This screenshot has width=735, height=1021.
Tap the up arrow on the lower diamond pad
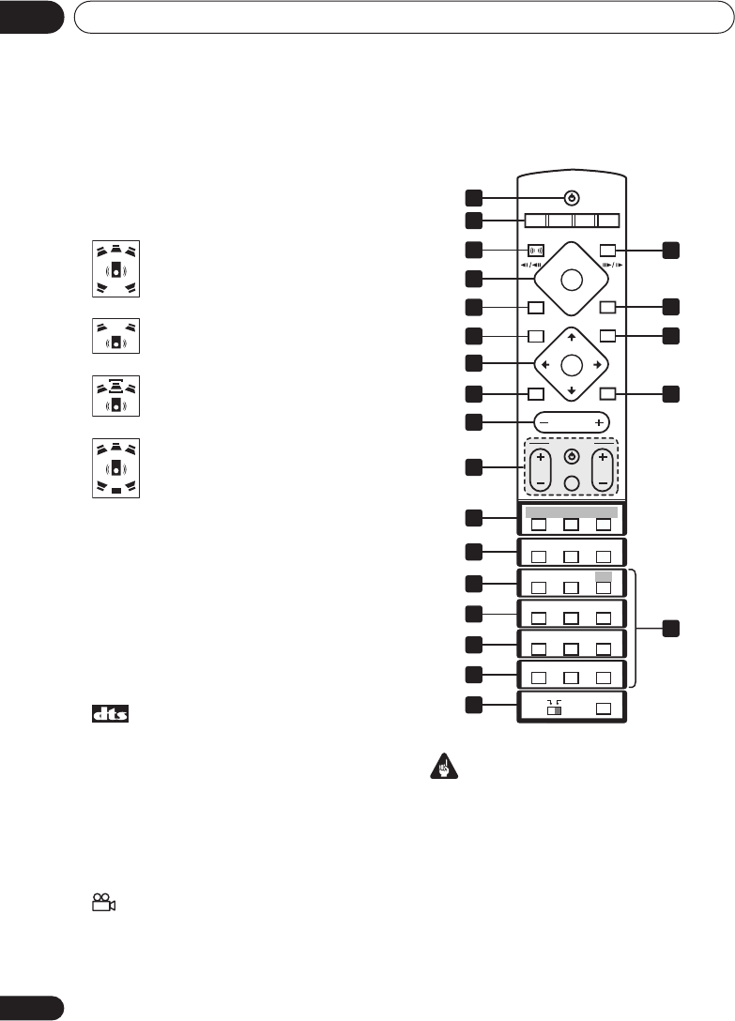point(572,338)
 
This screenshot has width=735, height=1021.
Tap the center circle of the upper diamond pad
point(572,279)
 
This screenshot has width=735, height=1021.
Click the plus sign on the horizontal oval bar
point(598,423)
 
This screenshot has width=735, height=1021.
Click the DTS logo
point(110,714)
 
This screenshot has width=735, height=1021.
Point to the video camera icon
point(103,903)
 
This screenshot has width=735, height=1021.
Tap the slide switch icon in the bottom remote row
point(554,709)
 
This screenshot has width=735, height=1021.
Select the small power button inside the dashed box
point(572,457)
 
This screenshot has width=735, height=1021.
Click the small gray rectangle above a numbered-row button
point(605,575)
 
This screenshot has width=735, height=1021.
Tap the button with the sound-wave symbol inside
point(536,251)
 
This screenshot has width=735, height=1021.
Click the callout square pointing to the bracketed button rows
point(670,629)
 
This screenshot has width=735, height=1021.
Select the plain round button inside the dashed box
point(572,482)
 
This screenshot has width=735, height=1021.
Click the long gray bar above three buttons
point(571,512)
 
